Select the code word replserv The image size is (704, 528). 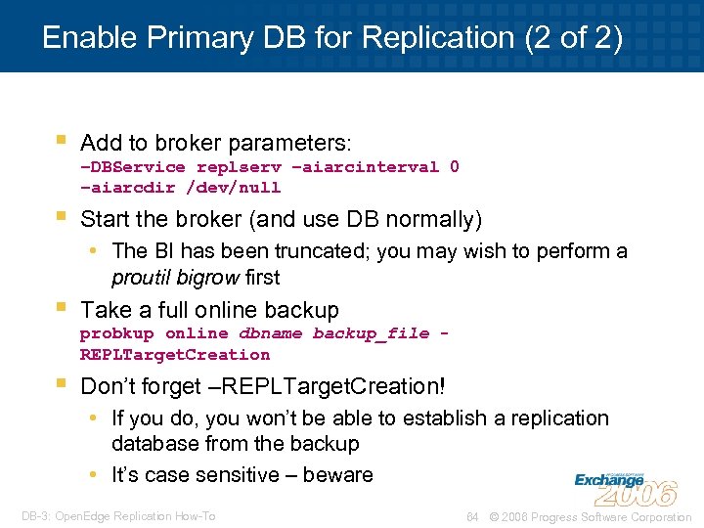coord(234,167)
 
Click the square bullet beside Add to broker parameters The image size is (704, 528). coord(62,142)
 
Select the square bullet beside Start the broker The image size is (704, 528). coord(62,218)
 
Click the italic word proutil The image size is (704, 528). coord(141,277)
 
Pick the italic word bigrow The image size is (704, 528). coord(207,277)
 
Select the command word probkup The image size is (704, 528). coord(116,334)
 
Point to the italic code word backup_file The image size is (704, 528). coord(371,334)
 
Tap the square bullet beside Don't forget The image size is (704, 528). coord(62,385)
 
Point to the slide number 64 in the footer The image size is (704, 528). coord(472,516)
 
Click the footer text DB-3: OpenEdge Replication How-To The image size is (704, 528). coord(117,516)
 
